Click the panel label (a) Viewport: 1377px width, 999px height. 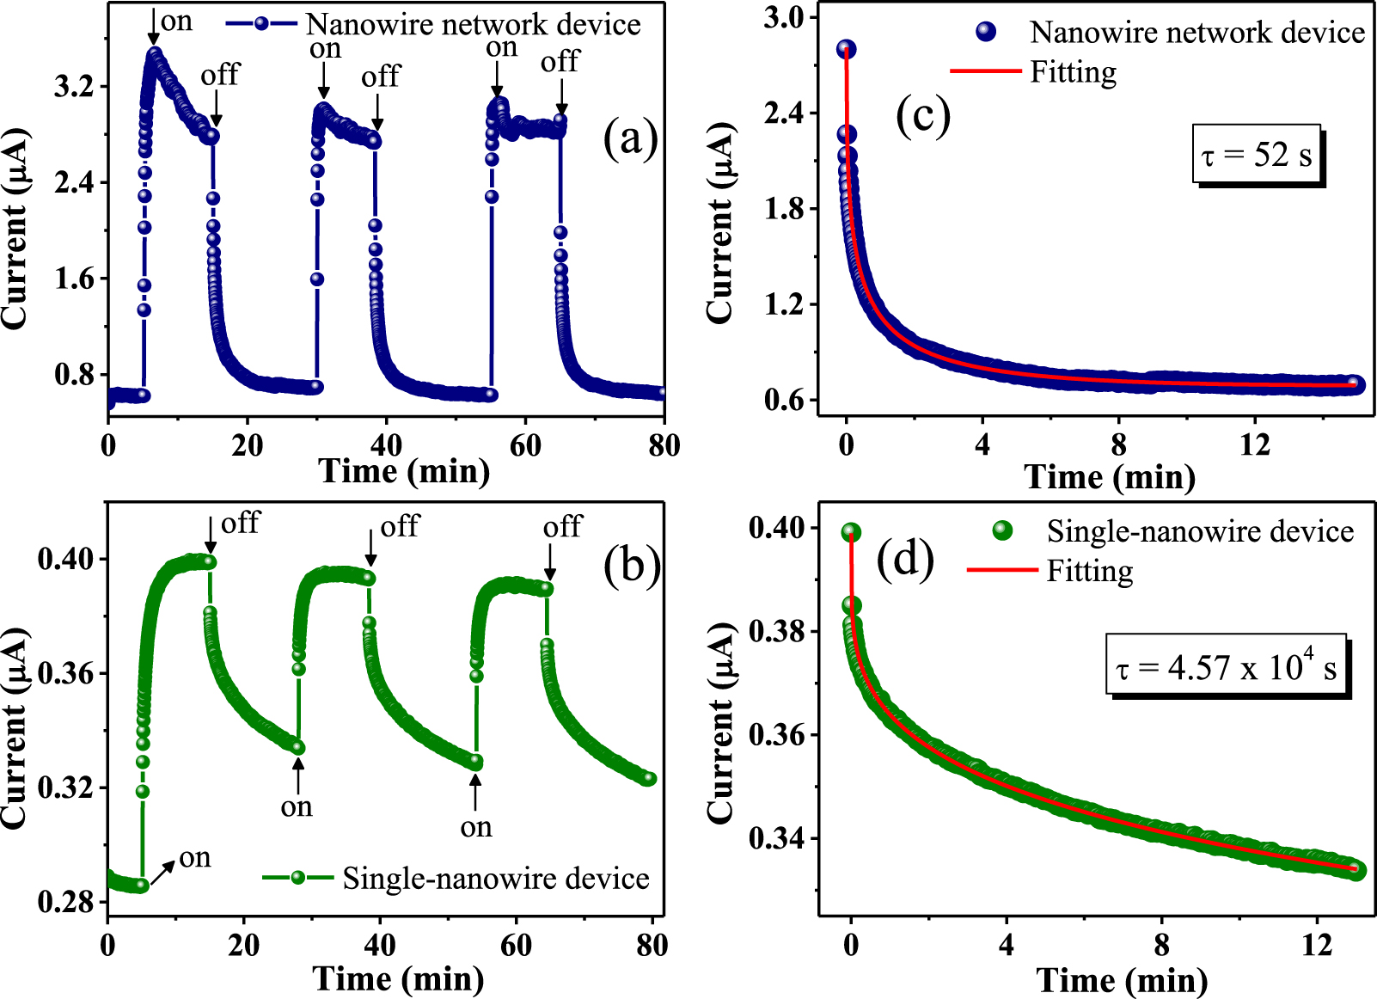click(630, 138)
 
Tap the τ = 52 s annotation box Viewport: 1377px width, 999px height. click(1257, 156)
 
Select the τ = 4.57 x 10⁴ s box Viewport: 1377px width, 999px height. click(1226, 666)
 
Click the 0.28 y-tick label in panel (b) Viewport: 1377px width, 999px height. click(65, 902)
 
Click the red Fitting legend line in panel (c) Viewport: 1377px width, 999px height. click(985, 70)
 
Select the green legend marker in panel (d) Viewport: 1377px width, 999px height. click(1001, 530)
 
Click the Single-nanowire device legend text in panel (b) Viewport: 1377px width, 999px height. click(496, 878)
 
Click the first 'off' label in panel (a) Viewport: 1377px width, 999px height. click(219, 76)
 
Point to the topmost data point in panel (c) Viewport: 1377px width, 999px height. click(846, 49)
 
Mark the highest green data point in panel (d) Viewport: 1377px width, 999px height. click(851, 533)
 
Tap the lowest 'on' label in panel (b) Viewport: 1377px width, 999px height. click(194, 857)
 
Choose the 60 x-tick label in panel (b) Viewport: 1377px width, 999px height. click(516, 946)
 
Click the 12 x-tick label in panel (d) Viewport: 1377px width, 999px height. click(1316, 946)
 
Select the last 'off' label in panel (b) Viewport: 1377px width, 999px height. click(562, 526)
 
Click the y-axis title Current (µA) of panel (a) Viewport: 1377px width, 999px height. click(15, 229)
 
